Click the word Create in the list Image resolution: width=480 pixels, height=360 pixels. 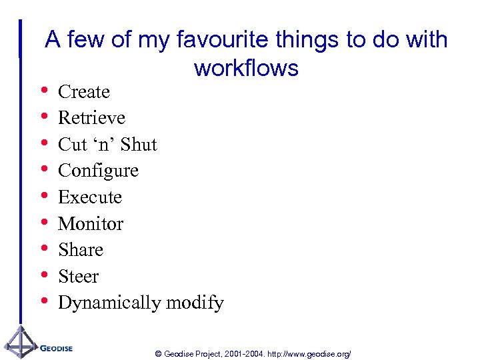84,91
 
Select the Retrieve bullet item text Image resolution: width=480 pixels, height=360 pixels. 91,118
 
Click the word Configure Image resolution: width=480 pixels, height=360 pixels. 98,171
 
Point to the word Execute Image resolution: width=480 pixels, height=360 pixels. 90,197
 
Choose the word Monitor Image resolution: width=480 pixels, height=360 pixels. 91,223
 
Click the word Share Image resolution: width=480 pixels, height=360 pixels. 81,249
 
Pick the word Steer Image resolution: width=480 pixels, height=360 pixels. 78,276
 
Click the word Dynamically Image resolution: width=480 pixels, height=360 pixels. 109,303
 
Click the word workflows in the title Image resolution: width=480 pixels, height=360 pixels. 246,68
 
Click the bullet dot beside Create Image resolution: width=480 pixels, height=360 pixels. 44,90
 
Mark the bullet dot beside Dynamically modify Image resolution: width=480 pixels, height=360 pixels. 44,301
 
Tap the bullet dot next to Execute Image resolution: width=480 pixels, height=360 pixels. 44,196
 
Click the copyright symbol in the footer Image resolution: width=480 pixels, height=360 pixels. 158,353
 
